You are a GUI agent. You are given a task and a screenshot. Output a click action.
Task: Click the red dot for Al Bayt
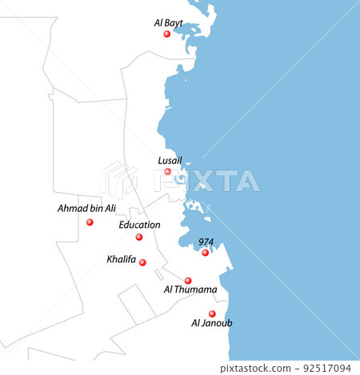click(166, 34)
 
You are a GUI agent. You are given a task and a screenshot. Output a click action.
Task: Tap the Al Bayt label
click(168, 23)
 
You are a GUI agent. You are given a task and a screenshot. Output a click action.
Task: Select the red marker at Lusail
click(167, 171)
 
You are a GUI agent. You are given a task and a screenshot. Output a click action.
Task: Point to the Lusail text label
click(170, 160)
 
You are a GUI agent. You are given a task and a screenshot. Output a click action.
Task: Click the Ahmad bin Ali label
click(86, 209)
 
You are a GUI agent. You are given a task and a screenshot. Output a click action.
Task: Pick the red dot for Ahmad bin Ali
click(90, 222)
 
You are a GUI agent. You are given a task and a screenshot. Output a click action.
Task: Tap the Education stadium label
click(139, 225)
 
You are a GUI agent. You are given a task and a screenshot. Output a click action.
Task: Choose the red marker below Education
click(139, 237)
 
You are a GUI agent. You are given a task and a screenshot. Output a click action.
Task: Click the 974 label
click(206, 241)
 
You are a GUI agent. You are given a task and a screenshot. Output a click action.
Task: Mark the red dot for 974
click(205, 253)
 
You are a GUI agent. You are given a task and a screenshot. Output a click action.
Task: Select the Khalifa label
click(121, 260)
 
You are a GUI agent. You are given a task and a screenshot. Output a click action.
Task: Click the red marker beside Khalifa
click(142, 262)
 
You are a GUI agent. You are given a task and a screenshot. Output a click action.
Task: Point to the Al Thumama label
click(190, 290)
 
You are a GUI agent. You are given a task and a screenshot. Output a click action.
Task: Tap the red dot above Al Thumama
click(188, 281)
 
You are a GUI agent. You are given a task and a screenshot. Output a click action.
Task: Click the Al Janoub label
click(212, 324)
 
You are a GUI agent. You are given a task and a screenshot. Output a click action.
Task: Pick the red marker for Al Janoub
click(212, 314)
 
